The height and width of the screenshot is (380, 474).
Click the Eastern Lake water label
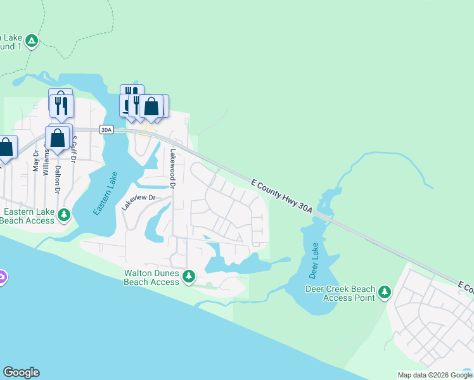pos(105,194)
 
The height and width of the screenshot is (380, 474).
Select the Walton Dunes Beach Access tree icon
pos(188,276)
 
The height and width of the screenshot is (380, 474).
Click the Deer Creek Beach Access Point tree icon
pos(384,292)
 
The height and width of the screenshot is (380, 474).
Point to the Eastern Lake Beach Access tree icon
pos(63,215)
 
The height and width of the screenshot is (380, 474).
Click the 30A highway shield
pos(106,130)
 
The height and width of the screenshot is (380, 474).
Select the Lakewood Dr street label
pos(171,168)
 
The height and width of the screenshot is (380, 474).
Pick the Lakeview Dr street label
pos(138,202)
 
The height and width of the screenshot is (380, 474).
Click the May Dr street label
pos(36,161)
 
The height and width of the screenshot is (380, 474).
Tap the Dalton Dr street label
pos(57,179)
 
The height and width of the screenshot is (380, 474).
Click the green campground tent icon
pos(32,41)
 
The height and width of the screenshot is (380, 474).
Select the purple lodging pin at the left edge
pos(2,277)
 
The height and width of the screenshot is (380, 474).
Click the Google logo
pos(21,372)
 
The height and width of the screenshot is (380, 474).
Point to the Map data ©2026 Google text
pos(435,375)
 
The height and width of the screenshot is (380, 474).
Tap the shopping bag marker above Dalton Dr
pos(57,138)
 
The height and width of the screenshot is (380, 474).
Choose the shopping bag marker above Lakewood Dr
pos(152,106)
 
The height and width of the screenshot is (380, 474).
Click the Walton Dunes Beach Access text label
pos(152,277)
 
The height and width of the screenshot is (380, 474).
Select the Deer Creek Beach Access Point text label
pos(340,293)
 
